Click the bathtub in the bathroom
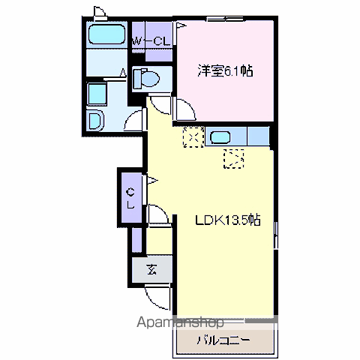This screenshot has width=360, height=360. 105,34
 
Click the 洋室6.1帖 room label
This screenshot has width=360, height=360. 224,72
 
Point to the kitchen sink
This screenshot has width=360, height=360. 220,136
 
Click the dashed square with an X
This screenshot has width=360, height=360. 192,137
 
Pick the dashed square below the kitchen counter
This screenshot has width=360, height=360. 235,158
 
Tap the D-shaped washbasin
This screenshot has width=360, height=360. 96,121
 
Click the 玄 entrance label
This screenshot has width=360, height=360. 151,270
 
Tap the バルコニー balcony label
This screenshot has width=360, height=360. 222,339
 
